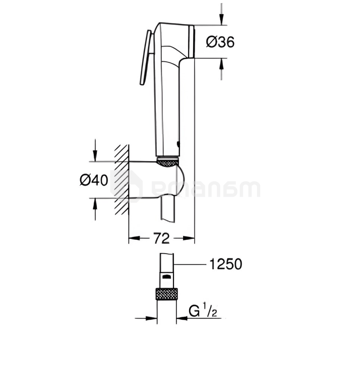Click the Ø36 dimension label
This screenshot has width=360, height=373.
tap(220, 42)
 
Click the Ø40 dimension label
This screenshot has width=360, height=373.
tap(94, 180)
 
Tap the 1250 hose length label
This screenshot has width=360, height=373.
tap(225, 264)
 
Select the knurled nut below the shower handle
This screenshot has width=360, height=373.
tap(168, 162)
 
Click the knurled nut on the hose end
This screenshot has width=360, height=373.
tap(166, 294)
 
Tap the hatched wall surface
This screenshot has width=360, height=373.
tap(122, 180)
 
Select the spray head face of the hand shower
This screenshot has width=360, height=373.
tap(192, 41)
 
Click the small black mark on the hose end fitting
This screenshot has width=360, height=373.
tap(166, 276)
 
